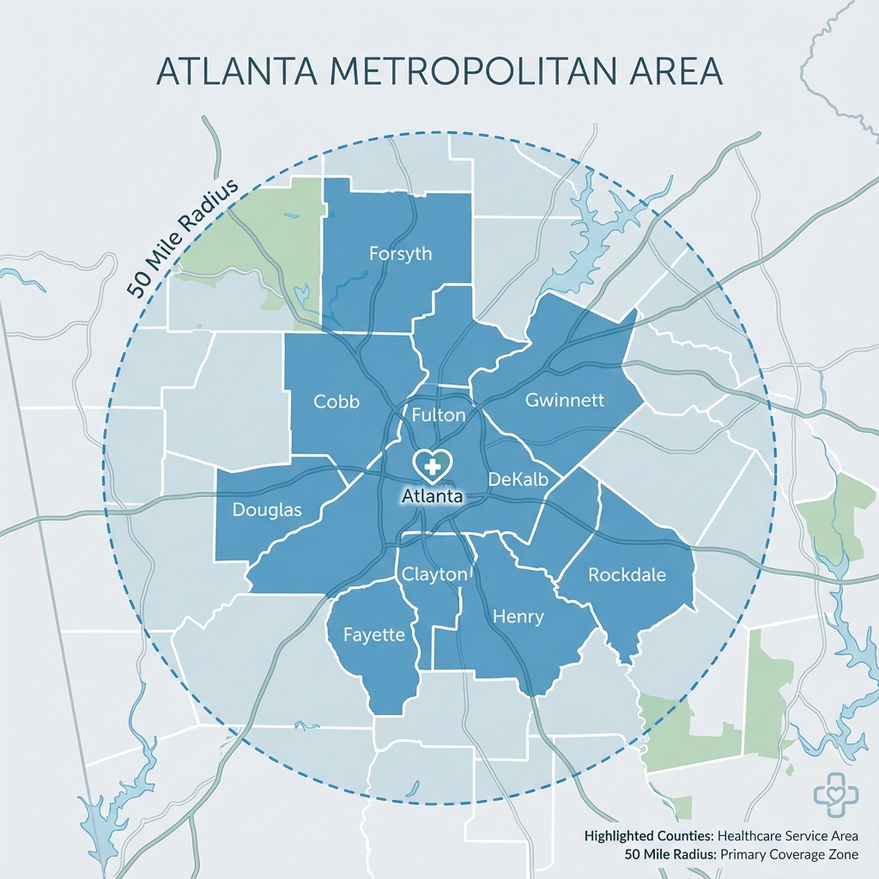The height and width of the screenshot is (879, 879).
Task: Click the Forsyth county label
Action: [x=400, y=254]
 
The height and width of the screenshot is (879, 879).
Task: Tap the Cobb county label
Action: [x=336, y=401]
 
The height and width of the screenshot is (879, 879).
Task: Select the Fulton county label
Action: [x=439, y=415]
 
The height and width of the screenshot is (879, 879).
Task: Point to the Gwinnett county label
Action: [x=565, y=400]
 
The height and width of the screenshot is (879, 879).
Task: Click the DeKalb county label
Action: [x=523, y=479]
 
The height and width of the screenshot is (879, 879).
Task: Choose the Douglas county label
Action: [x=267, y=510]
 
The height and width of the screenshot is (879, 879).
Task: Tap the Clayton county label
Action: [x=434, y=575]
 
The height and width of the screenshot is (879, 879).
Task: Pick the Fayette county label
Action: [x=373, y=635]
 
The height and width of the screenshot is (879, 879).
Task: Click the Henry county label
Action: [x=518, y=617]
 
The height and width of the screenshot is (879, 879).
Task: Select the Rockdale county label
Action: [x=627, y=575]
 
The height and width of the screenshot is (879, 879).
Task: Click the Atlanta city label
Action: [x=433, y=496]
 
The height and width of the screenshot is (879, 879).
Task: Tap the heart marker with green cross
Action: [x=433, y=464]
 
